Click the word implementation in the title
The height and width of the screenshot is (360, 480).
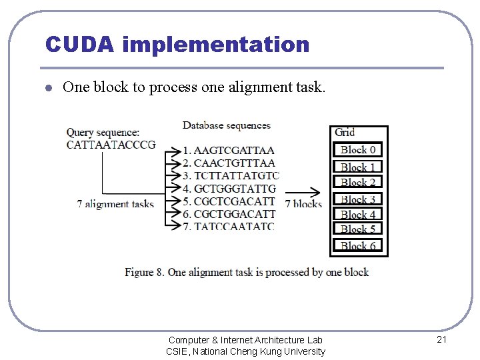click(x=216, y=45)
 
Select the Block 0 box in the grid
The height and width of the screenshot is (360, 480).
click(x=358, y=150)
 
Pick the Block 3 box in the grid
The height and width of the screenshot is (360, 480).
click(x=358, y=199)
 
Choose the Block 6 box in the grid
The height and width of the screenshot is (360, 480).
click(x=358, y=245)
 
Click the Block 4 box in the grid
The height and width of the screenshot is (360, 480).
click(x=358, y=215)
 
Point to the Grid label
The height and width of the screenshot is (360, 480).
click(x=345, y=132)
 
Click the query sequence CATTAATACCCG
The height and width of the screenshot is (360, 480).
click(x=111, y=144)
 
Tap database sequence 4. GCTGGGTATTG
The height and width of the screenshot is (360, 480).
click(x=229, y=189)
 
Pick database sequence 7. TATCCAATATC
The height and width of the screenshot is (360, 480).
click(x=228, y=227)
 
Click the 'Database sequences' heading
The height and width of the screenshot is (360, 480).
click(x=227, y=125)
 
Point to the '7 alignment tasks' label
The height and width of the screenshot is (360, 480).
click(x=115, y=204)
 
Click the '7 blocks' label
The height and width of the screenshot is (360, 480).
click(x=303, y=203)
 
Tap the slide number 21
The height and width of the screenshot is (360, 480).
click(x=441, y=340)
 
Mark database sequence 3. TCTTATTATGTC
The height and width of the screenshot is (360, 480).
click(x=231, y=176)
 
